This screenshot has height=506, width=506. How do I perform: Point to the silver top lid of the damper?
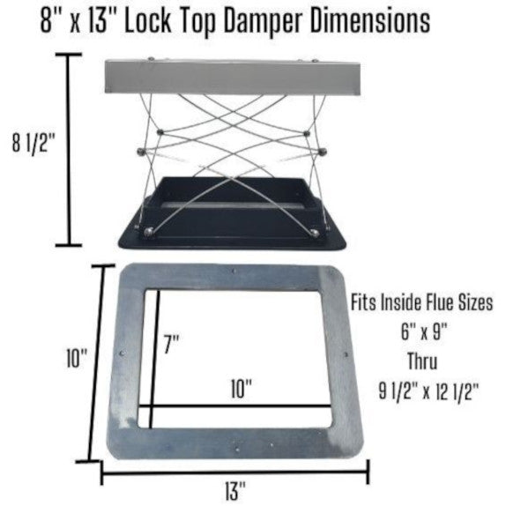[233, 77]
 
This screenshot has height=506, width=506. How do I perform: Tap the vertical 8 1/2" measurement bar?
[69, 150]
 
